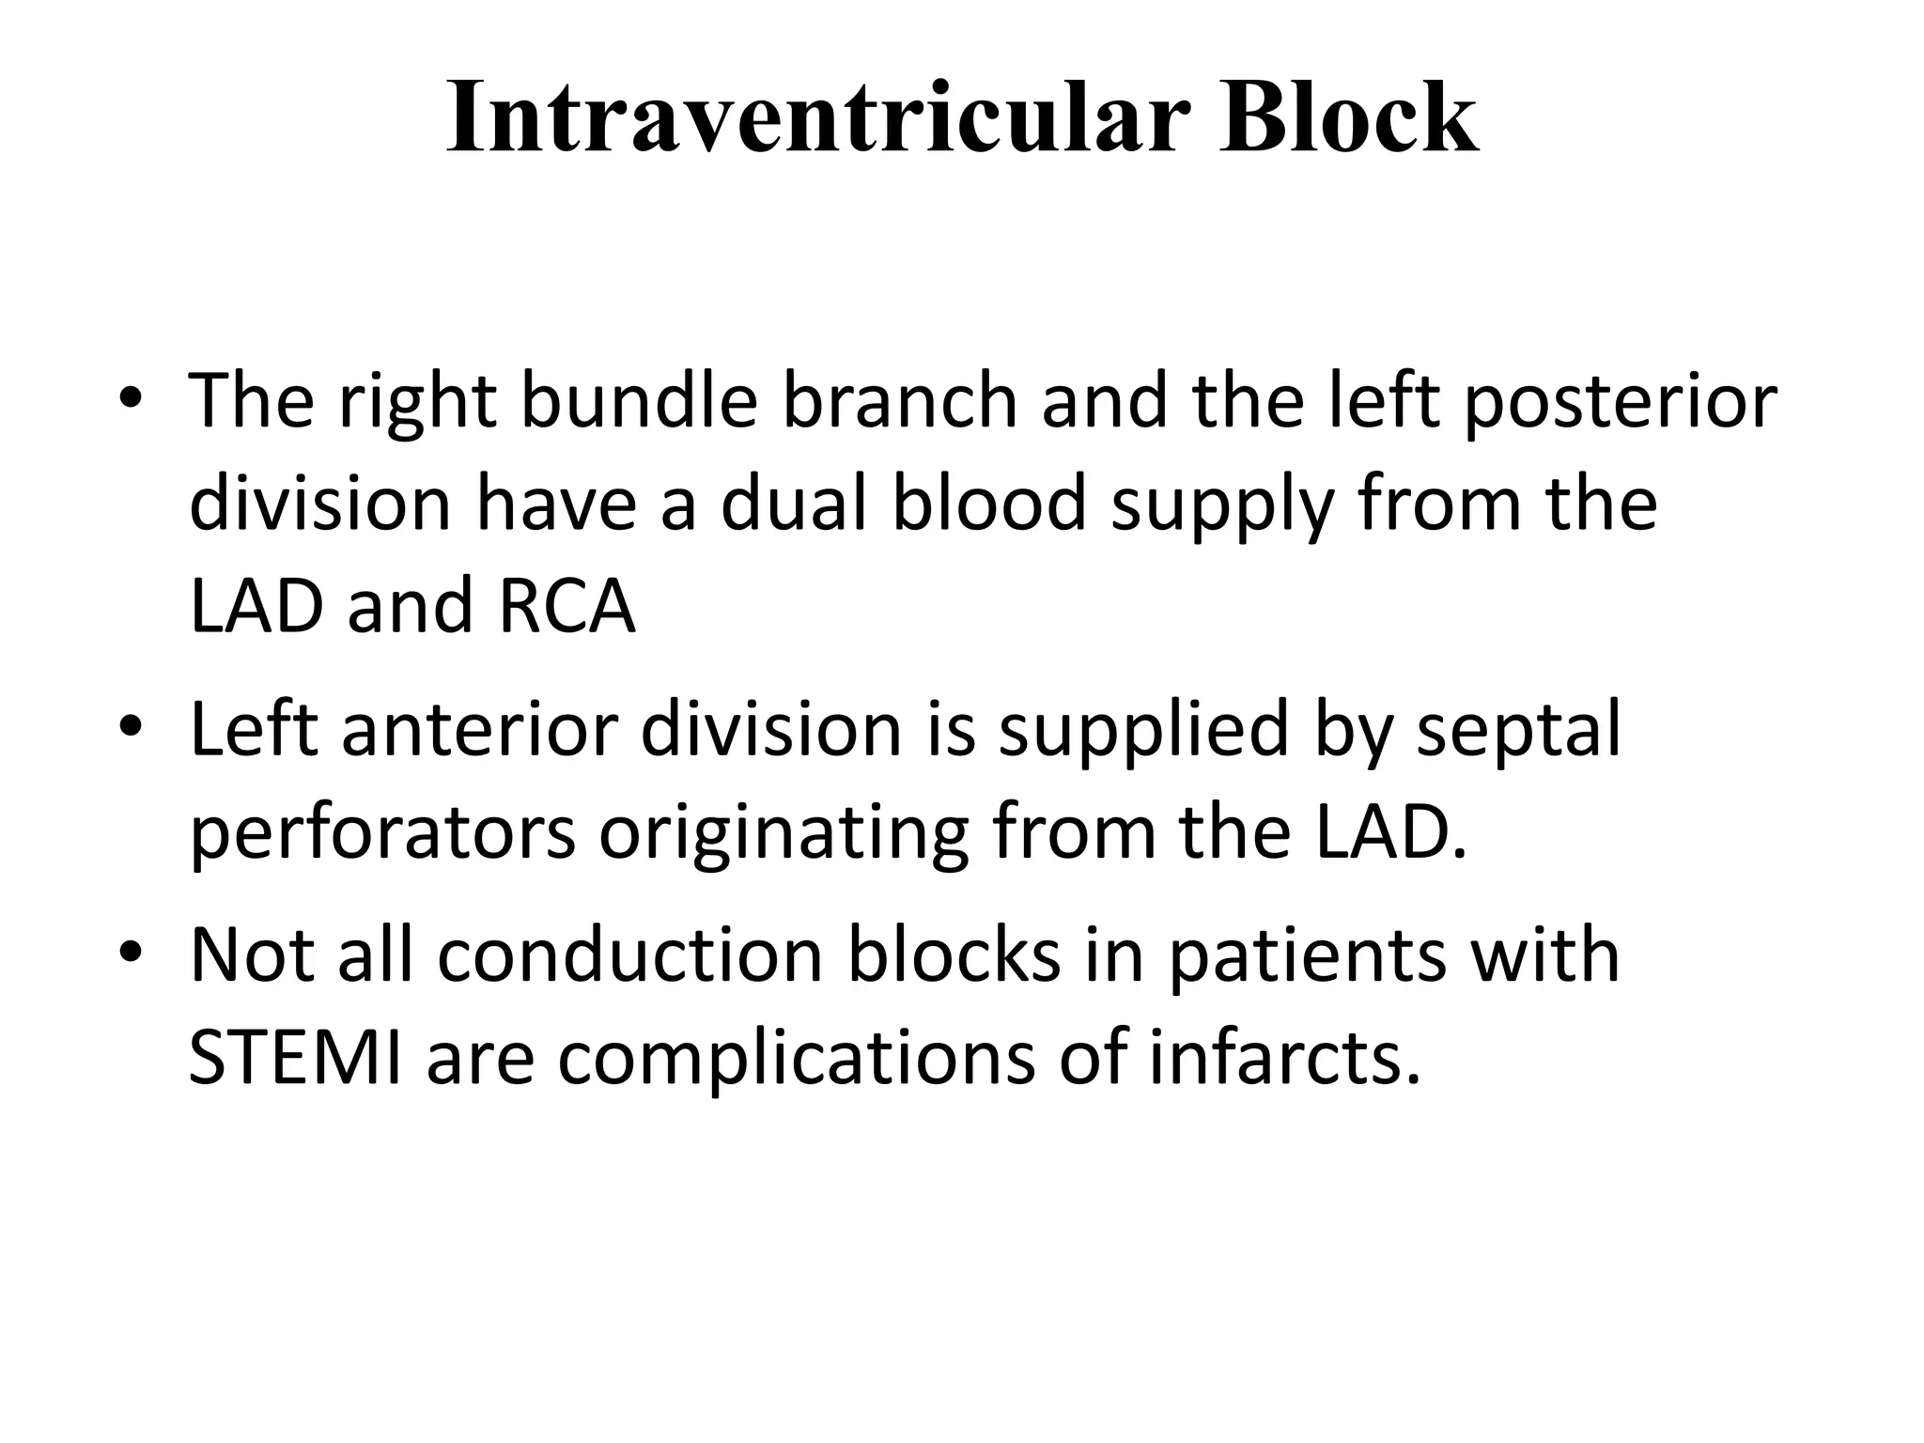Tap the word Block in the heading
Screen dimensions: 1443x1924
click(x=1349, y=117)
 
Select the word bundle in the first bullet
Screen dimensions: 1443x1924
click(x=639, y=401)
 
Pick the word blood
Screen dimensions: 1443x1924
click(x=987, y=504)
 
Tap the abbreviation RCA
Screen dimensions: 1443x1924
click(x=567, y=606)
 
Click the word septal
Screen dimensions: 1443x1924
click(x=1518, y=731)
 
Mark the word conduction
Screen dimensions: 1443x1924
click(x=630, y=955)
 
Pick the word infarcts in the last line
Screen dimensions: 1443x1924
click(x=1283, y=1058)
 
